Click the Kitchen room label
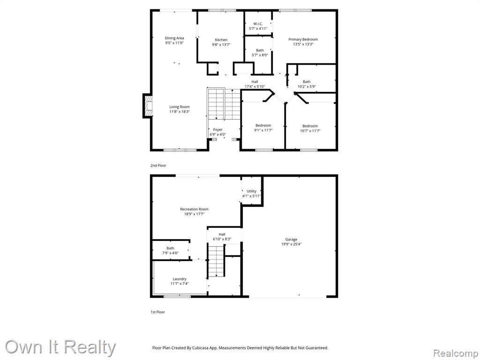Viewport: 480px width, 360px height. (221, 40)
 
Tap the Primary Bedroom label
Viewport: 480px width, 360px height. (303, 39)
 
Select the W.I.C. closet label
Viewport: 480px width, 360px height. (258, 24)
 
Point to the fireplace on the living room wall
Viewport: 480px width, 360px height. (148, 106)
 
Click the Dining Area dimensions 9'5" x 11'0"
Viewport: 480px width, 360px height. (174, 43)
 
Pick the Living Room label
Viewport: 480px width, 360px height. (180, 107)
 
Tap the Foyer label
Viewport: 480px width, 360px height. (217, 130)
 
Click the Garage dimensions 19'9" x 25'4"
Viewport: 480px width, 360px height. (291, 244)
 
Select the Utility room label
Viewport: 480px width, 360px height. (251, 191)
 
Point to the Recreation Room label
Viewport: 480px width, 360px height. (194, 210)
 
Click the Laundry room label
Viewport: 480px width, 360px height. (180, 279)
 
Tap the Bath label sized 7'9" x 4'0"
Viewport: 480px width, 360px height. (170, 248)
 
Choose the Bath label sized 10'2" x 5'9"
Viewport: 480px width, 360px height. (307, 82)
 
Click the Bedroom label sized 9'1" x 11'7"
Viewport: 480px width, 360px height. (263, 126)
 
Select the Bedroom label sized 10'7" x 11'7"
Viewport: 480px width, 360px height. (310, 126)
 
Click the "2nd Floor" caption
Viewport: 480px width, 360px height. (158, 165)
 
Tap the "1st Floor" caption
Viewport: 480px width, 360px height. (157, 312)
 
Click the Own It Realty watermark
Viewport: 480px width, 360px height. (60, 347)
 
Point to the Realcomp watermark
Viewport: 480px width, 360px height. (456, 353)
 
